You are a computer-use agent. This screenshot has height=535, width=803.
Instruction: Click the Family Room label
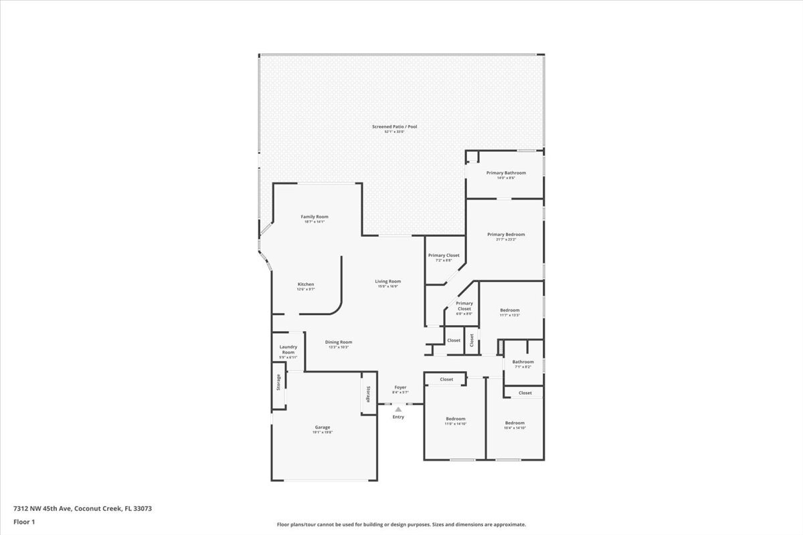tap(315, 217)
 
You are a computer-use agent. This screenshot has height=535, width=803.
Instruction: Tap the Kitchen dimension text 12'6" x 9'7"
tap(306, 290)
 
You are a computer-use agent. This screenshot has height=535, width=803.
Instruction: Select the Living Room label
tap(387, 282)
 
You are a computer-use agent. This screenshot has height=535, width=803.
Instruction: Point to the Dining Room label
tap(339, 342)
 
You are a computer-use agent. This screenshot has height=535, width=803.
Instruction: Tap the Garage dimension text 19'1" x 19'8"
tap(323, 433)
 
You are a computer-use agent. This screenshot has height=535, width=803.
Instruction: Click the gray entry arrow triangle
tap(398, 409)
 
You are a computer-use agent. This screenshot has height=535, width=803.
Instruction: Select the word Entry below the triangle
tap(398, 417)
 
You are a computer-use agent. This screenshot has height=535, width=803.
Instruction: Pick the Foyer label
tap(400, 387)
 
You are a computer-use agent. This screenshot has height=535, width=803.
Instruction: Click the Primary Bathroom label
tap(506, 173)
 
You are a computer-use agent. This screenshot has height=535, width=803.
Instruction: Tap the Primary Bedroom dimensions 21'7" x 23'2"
tap(506, 239)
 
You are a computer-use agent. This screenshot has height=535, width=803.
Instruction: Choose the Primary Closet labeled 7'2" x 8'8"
tap(444, 255)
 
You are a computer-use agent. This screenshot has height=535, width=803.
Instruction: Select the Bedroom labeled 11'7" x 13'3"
tap(510, 310)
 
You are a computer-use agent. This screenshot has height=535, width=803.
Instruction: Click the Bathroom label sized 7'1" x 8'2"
tap(523, 362)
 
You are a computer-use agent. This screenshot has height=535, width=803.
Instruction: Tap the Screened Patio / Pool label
tap(395, 126)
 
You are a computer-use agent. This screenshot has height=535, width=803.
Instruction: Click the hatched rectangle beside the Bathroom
tap(500, 347)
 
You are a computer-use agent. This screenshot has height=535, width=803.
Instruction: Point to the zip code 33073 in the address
tap(142, 508)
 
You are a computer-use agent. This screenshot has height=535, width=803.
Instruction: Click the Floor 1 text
tap(24, 522)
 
